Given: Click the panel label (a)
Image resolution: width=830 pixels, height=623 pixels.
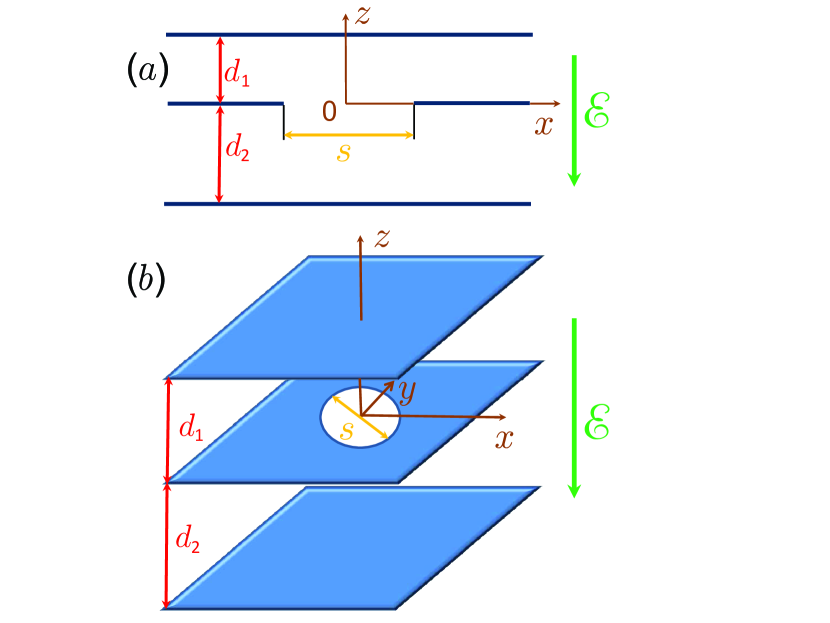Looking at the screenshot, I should point(147,69).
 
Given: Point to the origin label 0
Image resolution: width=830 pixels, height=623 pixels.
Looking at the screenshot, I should point(328,111).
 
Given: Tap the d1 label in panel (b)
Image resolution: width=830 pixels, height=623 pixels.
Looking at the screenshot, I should point(191,429).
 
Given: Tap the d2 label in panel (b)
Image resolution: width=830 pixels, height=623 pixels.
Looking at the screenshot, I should point(187,539).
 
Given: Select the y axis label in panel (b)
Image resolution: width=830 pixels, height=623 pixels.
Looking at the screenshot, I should point(406,393).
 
